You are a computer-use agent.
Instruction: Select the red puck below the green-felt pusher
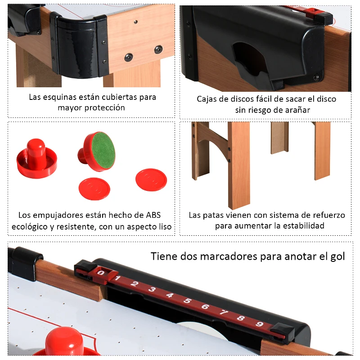[x=94, y=189]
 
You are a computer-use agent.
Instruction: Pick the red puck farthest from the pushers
[x=151, y=180]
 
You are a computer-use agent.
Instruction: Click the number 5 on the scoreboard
[x=188, y=301]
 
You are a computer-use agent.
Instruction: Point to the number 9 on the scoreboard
[x=260, y=324]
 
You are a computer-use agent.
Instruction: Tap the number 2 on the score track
[x=134, y=284]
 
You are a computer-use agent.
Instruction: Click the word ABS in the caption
[x=153, y=215]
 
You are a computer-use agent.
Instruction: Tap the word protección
[x=104, y=108]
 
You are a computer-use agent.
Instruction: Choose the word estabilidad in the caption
[x=303, y=226]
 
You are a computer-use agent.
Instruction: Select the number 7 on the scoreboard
[x=223, y=312]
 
